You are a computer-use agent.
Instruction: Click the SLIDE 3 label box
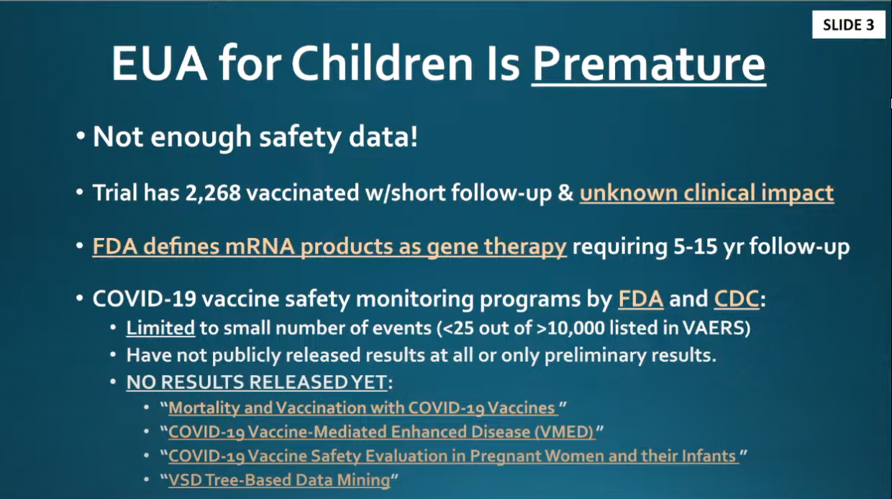tap(849, 24)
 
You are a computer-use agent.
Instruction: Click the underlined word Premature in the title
tap(649, 64)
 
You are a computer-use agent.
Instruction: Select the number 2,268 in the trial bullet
tap(213, 193)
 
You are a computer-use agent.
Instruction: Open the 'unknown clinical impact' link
tap(706, 193)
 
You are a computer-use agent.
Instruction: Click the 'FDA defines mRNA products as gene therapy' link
tap(329, 247)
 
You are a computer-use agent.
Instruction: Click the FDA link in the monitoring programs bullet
tap(641, 299)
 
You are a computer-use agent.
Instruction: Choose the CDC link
tap(737, 299)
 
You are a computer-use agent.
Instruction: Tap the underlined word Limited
tap(160, 328)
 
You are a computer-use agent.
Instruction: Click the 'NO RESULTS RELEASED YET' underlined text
tap(257, 382)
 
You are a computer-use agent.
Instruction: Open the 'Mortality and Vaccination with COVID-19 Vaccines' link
tap(363, 408)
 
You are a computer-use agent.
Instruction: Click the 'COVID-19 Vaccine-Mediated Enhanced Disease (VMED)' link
tap(382, 431)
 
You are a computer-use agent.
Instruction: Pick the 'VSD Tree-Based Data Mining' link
tap(279, 480)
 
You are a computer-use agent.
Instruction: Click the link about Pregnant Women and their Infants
tap(454, 456)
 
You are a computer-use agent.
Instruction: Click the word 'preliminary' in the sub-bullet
tap(595, 355)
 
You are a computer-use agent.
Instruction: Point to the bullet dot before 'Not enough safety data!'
tap(81, 136)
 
